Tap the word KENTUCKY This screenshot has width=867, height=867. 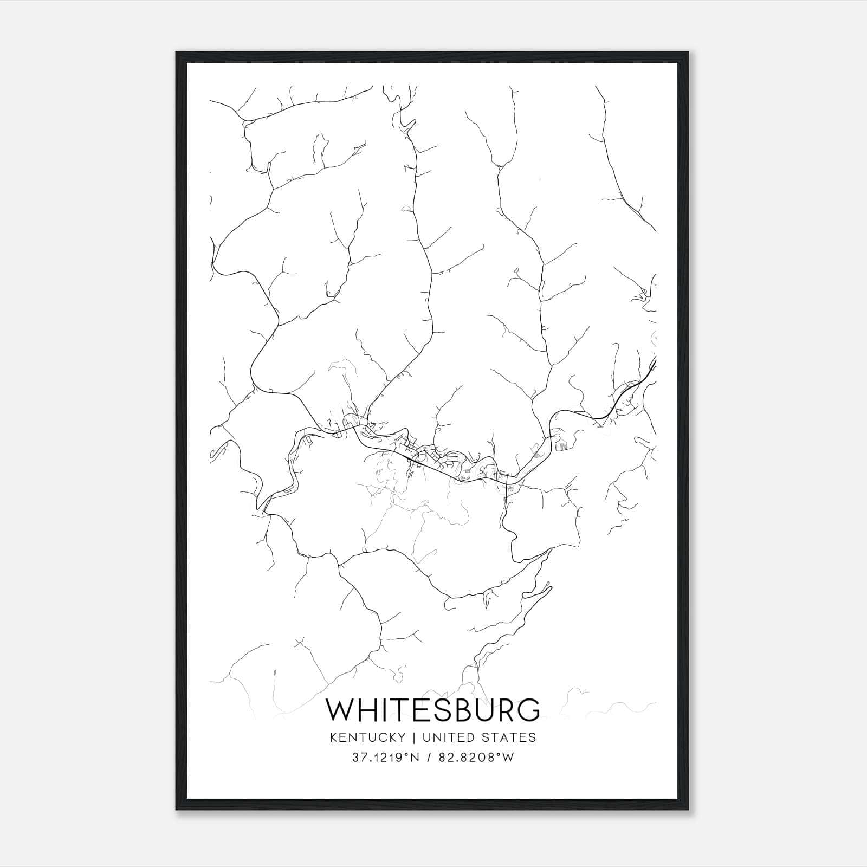pyautogui.click(x=367, y=737)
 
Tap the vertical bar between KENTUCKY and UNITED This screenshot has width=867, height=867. pyautogui.click(x=413, y=737)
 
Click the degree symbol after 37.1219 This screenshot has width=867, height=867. pyautogui.click(x=407, y=755)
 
